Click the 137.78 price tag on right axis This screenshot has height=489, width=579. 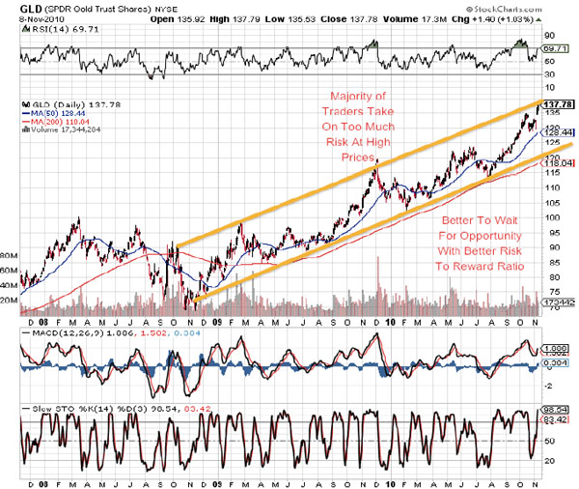tap(559, 103)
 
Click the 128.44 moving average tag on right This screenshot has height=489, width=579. tap(561, 133)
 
